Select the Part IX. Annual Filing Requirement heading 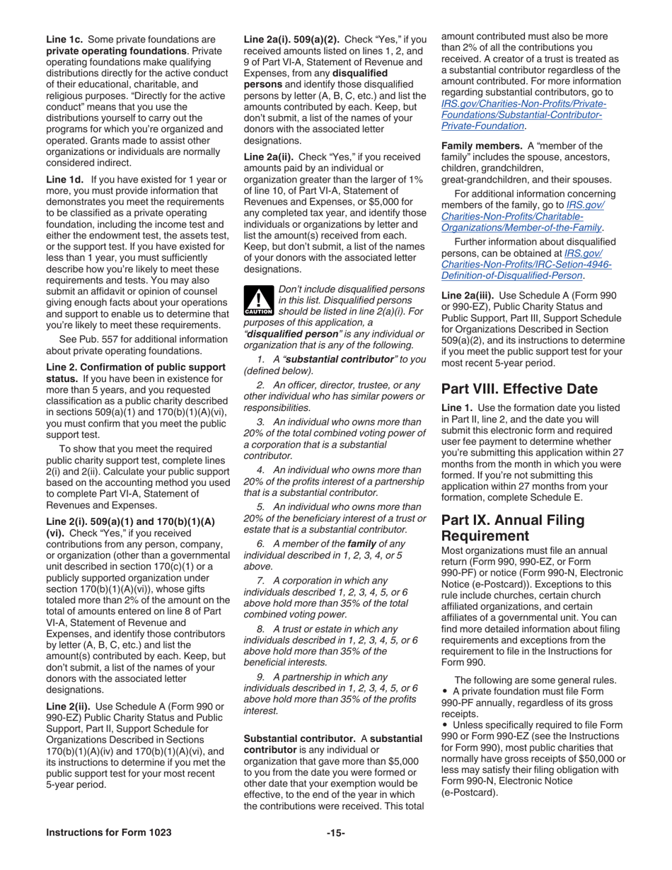point(512,527)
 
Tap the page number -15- point(335,833)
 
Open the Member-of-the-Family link point(521,227)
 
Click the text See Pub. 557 point(88,339)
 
